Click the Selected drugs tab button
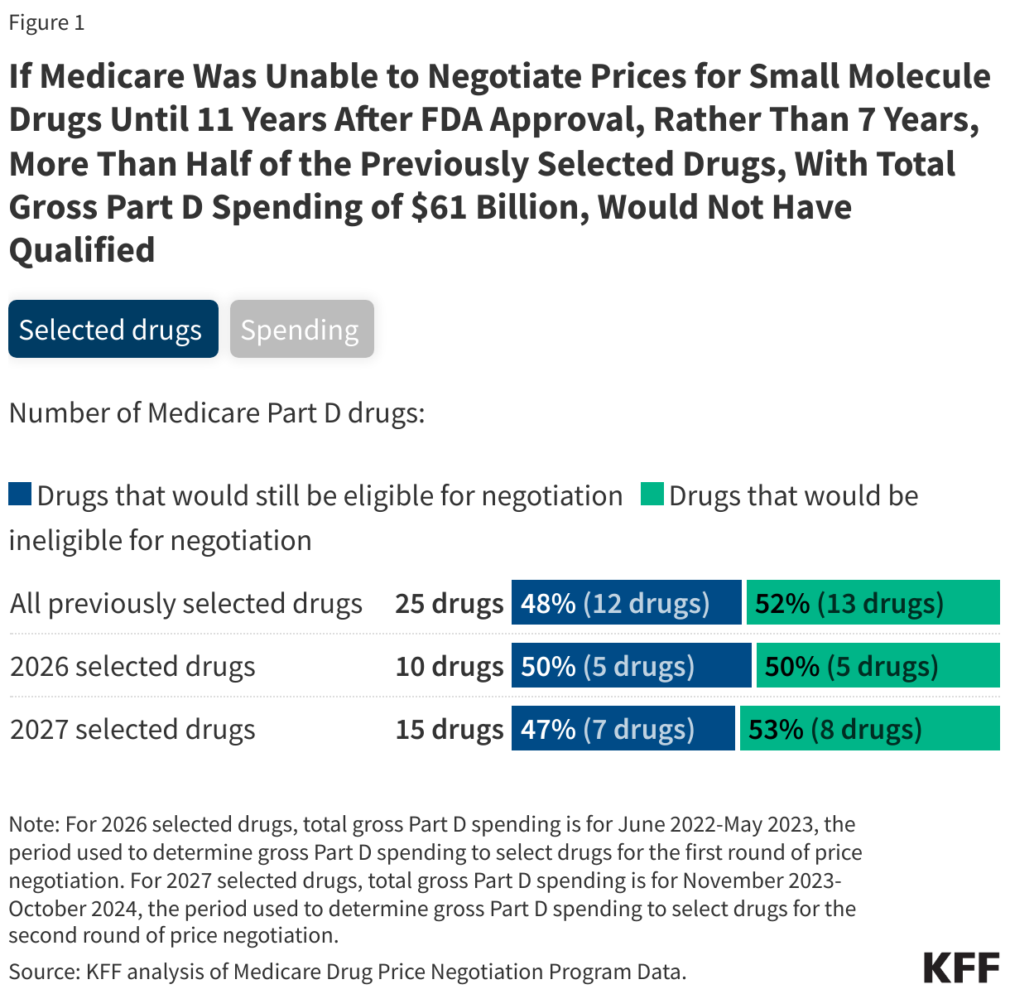[x=113, y=330]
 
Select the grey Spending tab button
[x=301, y=330]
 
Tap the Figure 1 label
[x=46, y=22]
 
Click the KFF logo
[x=961, y=967]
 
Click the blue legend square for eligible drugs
[x=20, y=495]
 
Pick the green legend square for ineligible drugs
[x=652, y=495]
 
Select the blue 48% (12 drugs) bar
[x=626, y=602]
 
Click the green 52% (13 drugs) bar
[x=873, y=602]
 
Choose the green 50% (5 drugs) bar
[x=878, y=666]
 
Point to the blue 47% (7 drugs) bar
[x=623, y=729]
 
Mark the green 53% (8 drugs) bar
[x=869, y=729]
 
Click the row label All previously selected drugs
[x=186, y=603]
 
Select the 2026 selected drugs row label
[x=132, y=666]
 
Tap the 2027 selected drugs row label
[x=132, y=729]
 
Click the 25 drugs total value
[x=449, y=603]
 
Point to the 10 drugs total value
[x=449, y=666]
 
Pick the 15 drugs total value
[x=449, y=729]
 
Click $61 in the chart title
[x=439, y=207]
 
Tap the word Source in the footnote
[x=41, y=971]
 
